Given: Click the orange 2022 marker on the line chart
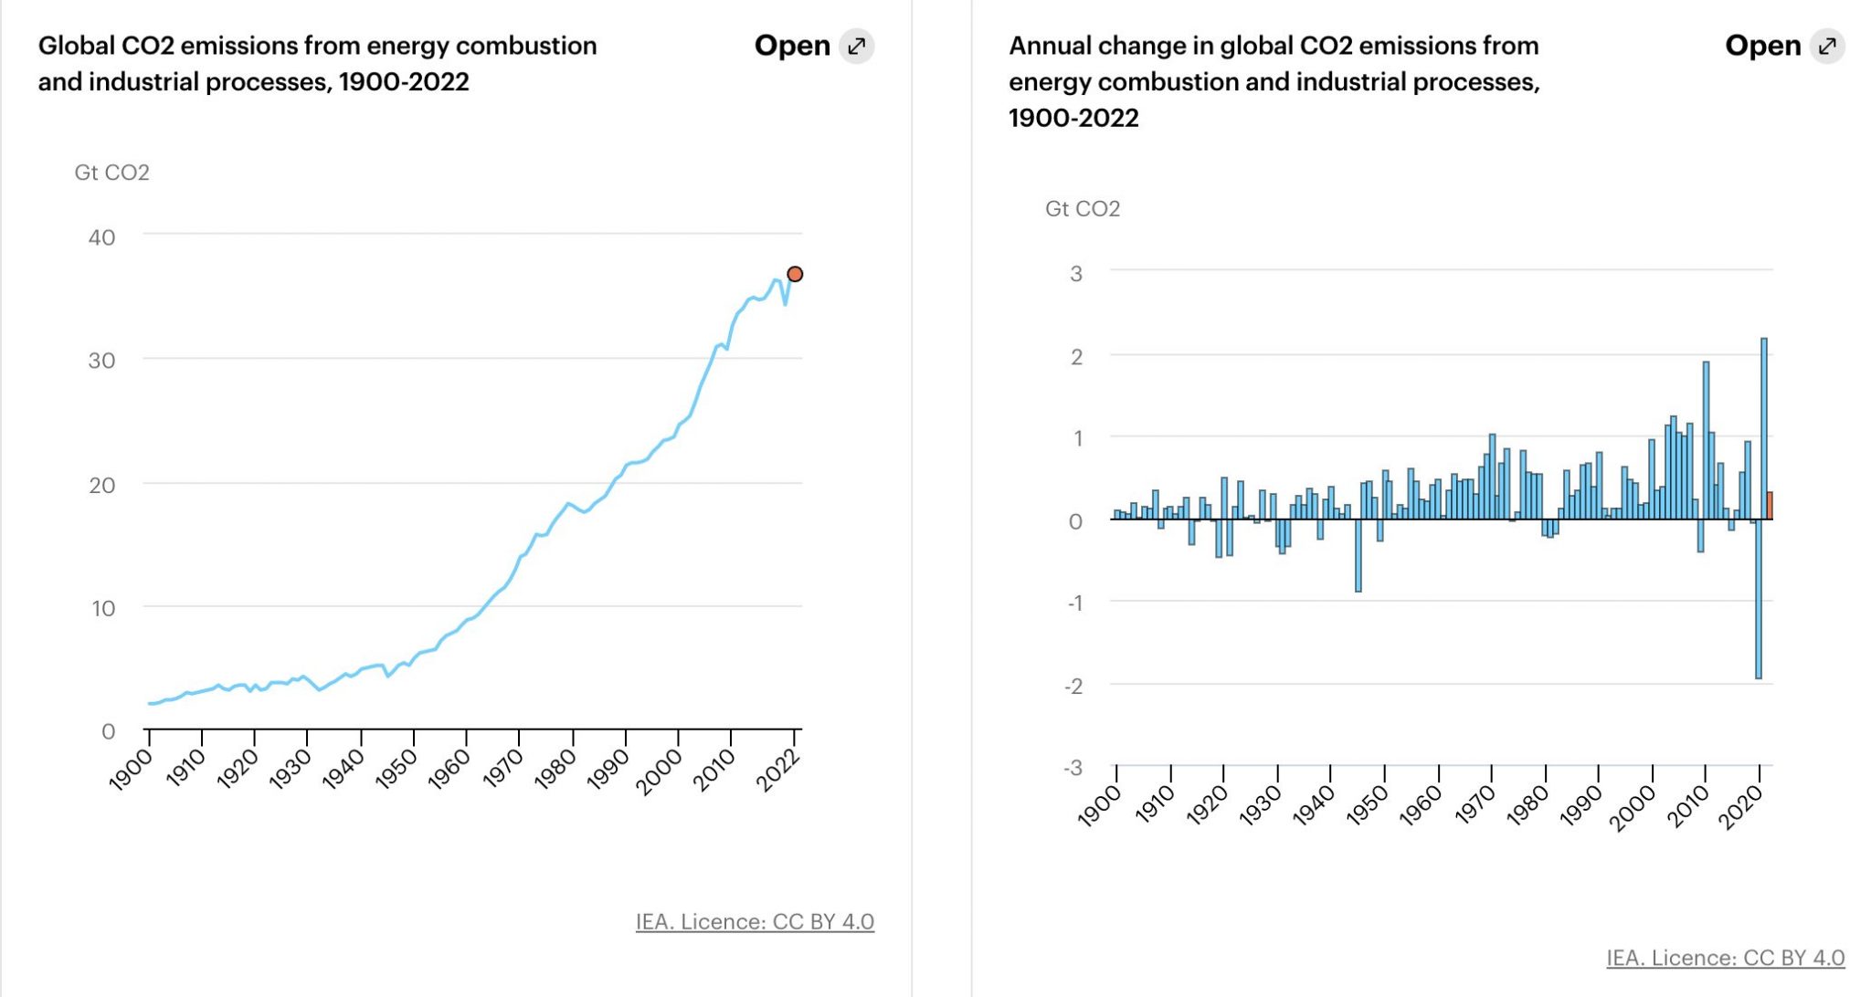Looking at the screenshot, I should click(795, 274).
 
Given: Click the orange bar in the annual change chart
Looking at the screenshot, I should click(1770, 506).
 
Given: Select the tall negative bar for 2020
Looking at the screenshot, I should click(1759, 598).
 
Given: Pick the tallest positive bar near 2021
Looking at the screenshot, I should click(1764, 429).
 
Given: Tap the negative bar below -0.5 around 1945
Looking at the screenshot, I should click(1358, 555).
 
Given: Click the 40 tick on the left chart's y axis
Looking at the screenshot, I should click(101, 237).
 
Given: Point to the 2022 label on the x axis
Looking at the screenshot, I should click(778, 769).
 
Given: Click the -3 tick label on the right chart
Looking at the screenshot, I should click(1073, 767).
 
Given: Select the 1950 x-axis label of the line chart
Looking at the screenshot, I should click(397, 769).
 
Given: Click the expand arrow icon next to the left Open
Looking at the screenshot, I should click(857, 46).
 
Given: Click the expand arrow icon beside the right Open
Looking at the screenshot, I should click(1827, 46).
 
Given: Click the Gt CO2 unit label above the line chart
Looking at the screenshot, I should click(111, 173).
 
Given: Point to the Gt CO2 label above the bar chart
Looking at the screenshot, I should click(1083, 209).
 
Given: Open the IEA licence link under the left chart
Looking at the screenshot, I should click(755, 922).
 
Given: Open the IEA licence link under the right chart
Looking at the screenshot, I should click(1725, 958).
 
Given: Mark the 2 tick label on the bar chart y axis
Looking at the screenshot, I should click(1076, 357).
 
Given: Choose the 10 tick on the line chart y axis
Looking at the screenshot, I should click(103, 608).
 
